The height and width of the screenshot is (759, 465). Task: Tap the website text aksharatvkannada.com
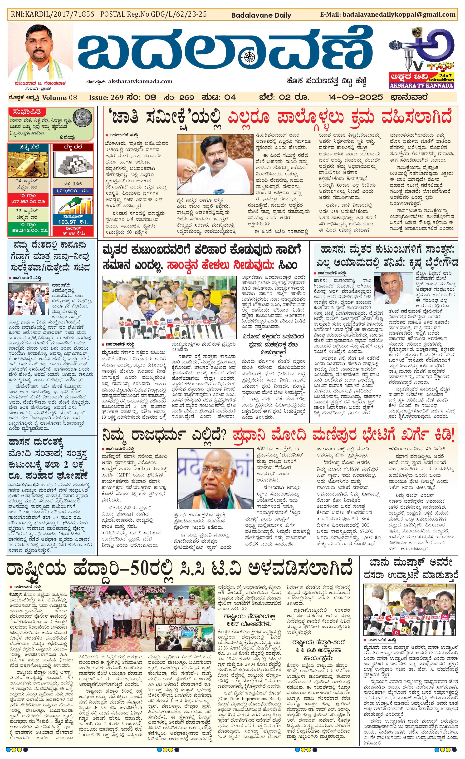(x=140, y=81)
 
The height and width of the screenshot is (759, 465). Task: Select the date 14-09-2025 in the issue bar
(x=355, y=97)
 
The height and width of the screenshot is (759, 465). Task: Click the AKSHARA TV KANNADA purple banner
(x=421, y=85)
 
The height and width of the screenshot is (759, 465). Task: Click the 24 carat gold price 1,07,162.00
(x=28, y=202)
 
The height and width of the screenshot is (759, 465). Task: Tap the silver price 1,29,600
(x=73, y=191)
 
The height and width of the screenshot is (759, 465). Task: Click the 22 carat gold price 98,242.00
(x=28, y=230)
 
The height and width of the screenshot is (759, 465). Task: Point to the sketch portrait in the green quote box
(x=83, y=117)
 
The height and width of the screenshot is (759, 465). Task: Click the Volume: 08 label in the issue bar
(x=59, y=98)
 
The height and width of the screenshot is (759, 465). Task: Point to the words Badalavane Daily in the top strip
(x=261, y=15)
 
